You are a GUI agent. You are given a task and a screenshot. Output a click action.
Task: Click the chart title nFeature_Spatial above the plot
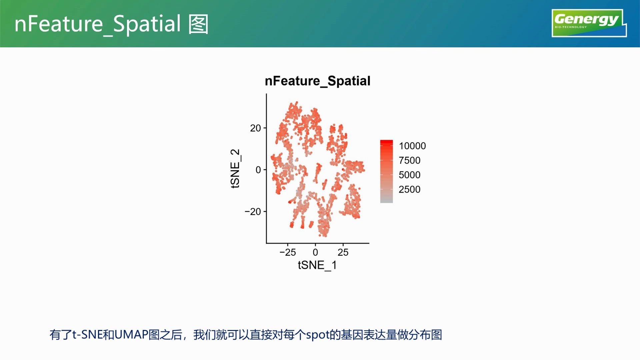[x=317, y=81]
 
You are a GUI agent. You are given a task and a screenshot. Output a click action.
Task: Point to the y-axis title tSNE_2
[x=235, y=169]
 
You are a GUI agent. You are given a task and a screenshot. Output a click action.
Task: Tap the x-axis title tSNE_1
[x=317, y=265]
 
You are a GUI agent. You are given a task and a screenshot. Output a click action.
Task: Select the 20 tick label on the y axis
[x=256, y=128]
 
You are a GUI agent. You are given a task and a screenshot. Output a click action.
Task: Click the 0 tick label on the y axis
[x=258, y=170]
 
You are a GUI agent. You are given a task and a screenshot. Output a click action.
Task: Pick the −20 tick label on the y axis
[x=253, y=212]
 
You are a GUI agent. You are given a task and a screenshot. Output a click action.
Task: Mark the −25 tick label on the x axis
[x=288, y=252]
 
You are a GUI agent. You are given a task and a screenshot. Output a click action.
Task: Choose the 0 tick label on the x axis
[x=315, y=252]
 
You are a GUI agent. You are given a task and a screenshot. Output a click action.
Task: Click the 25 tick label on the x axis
[x=343, y=252]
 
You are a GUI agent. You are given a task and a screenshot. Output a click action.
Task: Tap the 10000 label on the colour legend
[x=412, y=146]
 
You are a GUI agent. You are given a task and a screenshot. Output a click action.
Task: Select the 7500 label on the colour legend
[x=410, y=160]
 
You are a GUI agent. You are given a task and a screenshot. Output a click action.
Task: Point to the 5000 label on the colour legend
[x=410, y=175]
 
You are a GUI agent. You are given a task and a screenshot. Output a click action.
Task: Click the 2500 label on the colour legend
[x=410, y=190]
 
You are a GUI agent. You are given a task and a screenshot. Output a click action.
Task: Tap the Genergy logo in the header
[x=589, y=23]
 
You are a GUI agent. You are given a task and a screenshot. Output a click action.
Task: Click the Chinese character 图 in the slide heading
[x=199, y=24]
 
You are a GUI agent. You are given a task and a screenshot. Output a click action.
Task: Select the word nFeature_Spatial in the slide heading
[x=98, y=24]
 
